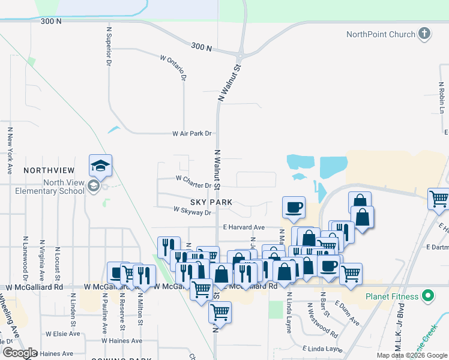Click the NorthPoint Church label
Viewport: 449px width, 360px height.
(x=381, y=34)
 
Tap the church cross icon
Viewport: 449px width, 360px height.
(x=424, y=34)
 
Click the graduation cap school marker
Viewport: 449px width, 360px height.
(x=100, y=166)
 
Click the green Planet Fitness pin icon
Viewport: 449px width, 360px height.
(x=427, y=296)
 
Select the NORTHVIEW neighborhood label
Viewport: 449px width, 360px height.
(x=49, y=170)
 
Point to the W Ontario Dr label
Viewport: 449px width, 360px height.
(x=174, y=67)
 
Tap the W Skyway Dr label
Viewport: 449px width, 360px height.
(x=193, y=211)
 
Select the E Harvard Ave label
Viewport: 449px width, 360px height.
(x=244, y=227)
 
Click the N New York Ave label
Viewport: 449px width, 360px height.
(x=10, y=150)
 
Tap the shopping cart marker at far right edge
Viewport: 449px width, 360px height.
(x=438, y=199)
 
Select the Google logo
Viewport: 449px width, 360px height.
(x=20, y=353)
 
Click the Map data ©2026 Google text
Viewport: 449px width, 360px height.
(x=411, y=355)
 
